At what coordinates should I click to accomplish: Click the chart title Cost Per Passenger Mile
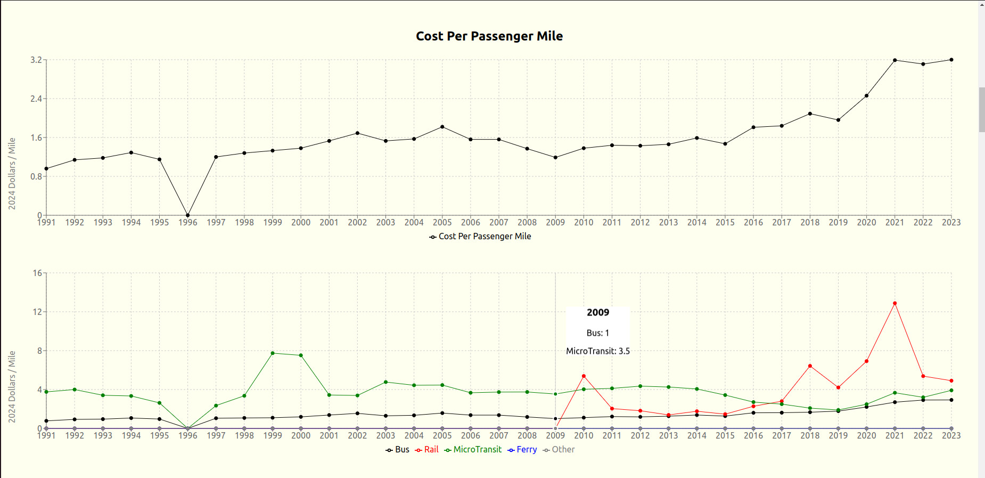coord(489,36)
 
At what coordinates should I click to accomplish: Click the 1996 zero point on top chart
coord(187,215)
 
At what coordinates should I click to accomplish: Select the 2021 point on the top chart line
coord(894,60)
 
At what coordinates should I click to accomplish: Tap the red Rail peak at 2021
coord(894,303)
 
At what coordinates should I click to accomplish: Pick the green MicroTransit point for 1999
coord(273,353)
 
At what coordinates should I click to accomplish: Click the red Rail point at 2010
coord(584,376)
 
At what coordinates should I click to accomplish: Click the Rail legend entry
coord(427,450)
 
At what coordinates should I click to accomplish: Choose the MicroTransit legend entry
coord(473,450)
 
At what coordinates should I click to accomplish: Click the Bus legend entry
coord(398,450)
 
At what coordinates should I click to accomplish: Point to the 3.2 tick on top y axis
coord(36,60)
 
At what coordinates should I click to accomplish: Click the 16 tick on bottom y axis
coord(37,273)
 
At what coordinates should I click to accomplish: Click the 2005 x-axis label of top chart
coord(442,223)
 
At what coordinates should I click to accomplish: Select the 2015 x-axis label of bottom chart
coord(725,436)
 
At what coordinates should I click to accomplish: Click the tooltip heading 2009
coord(598,313)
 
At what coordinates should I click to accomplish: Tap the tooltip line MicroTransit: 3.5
coord(598,351)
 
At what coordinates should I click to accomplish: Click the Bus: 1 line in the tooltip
coord(598,333)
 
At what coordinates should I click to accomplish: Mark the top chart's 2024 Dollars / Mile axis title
coord(12,174)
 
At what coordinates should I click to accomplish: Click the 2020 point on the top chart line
coord(866,96)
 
